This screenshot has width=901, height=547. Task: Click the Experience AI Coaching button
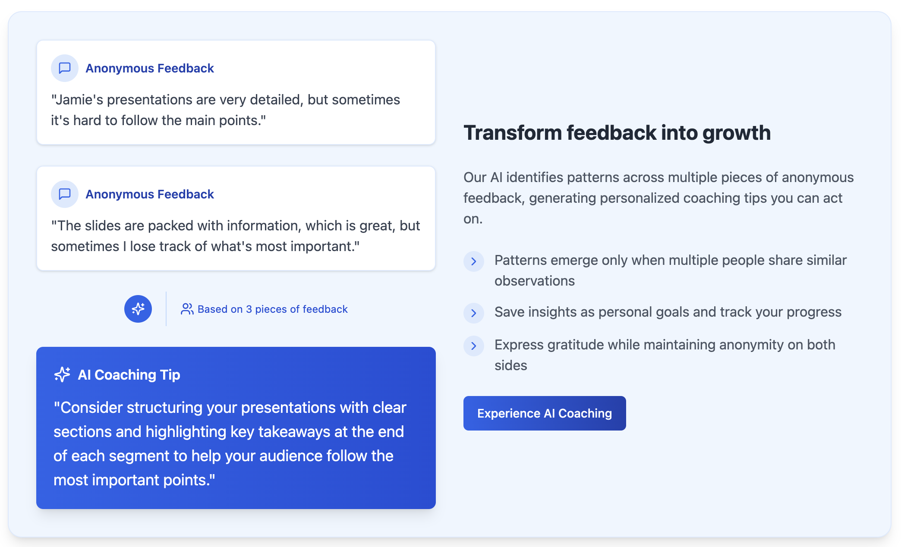click(x=545, y=413)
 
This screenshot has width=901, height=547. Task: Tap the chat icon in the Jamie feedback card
click(x=65, y=68)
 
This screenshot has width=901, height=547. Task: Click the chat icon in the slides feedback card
click(x=65, y=194)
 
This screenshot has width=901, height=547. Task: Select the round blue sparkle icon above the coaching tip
click(x=138, y=309)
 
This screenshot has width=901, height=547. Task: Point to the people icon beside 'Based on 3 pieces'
click(x=187, y=309)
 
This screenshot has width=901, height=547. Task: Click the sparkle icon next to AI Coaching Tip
click(x=62, y=374)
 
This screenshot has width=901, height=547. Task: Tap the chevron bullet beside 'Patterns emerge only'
click(x=474, y=261)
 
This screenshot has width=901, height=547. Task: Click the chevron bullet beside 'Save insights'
click(x=474, y=313)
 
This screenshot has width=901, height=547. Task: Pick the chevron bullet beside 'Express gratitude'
click(x=474, y=346)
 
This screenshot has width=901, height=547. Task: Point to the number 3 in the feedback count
click(x=249, y=309)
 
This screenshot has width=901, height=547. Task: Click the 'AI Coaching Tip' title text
click(x=129, y=375)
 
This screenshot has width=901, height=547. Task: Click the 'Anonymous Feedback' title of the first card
click(x=150, y=68)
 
